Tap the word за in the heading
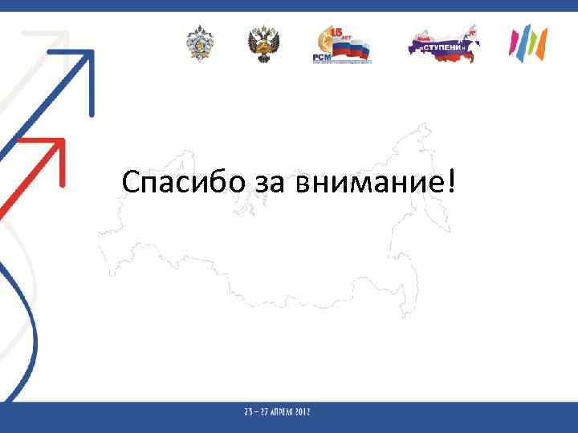point(271,184)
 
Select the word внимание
point(368,184)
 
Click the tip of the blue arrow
point(90,54)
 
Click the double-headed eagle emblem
point(262,44)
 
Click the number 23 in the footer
point(249,412)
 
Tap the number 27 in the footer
point(266,412)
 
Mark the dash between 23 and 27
point(257,412)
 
